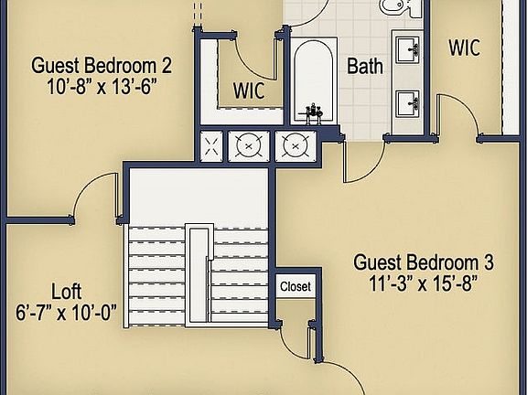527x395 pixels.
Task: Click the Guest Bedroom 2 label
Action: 102,66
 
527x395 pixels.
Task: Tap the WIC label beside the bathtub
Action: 248,91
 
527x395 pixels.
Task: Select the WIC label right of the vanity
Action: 464,48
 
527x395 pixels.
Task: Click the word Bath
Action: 363,66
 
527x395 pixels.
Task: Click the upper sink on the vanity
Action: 409,47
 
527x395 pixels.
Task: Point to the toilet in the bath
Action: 395,7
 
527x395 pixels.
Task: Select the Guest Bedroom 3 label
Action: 424,262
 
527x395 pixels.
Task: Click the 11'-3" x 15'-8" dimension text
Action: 424,282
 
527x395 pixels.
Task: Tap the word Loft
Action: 65,292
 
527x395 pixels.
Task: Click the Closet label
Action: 295,286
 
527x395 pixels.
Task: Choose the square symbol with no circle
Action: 212,144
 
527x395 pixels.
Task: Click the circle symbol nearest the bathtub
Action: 293,144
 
